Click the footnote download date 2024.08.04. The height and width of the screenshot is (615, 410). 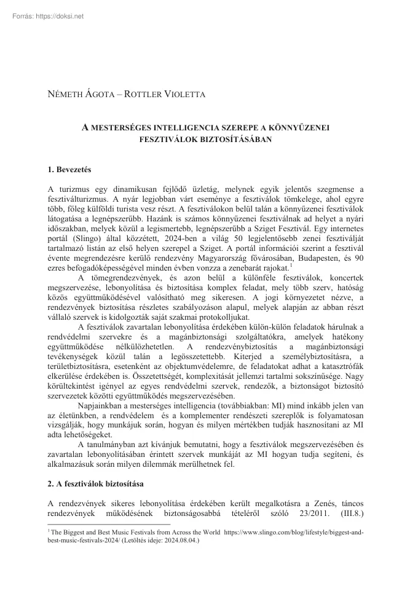179,541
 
